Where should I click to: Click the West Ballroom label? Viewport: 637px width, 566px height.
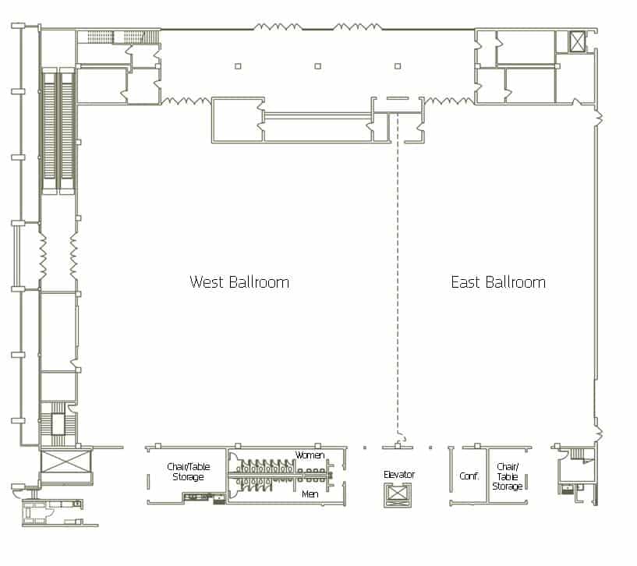(239, 282)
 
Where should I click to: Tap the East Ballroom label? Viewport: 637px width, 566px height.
(498, 282)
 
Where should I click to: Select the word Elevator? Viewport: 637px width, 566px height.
(398, 474)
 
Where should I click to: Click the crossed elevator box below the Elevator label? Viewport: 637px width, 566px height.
(398, 494)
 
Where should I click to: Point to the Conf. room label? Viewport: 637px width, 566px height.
(469, 476)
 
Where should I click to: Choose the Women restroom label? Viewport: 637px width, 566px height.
(310, 455)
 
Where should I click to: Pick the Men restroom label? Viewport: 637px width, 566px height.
(310, 493)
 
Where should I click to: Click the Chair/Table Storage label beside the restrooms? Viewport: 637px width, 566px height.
(187, 472)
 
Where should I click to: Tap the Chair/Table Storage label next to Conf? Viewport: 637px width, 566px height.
(507, 476)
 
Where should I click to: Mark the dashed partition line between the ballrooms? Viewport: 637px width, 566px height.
(398, 273)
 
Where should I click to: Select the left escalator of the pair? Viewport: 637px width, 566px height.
(48, 129)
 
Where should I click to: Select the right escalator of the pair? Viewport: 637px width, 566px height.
(66, 129)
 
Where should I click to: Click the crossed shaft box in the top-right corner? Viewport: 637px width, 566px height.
(576, 41)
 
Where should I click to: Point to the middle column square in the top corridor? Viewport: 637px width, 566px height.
(317, 66)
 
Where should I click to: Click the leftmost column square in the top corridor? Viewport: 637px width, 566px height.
(238, 66)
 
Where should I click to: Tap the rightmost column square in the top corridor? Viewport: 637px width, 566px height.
(398, 66)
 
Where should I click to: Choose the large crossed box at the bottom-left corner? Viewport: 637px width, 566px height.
(66, 461)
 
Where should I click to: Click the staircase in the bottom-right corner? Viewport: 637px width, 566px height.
(579, 455)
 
